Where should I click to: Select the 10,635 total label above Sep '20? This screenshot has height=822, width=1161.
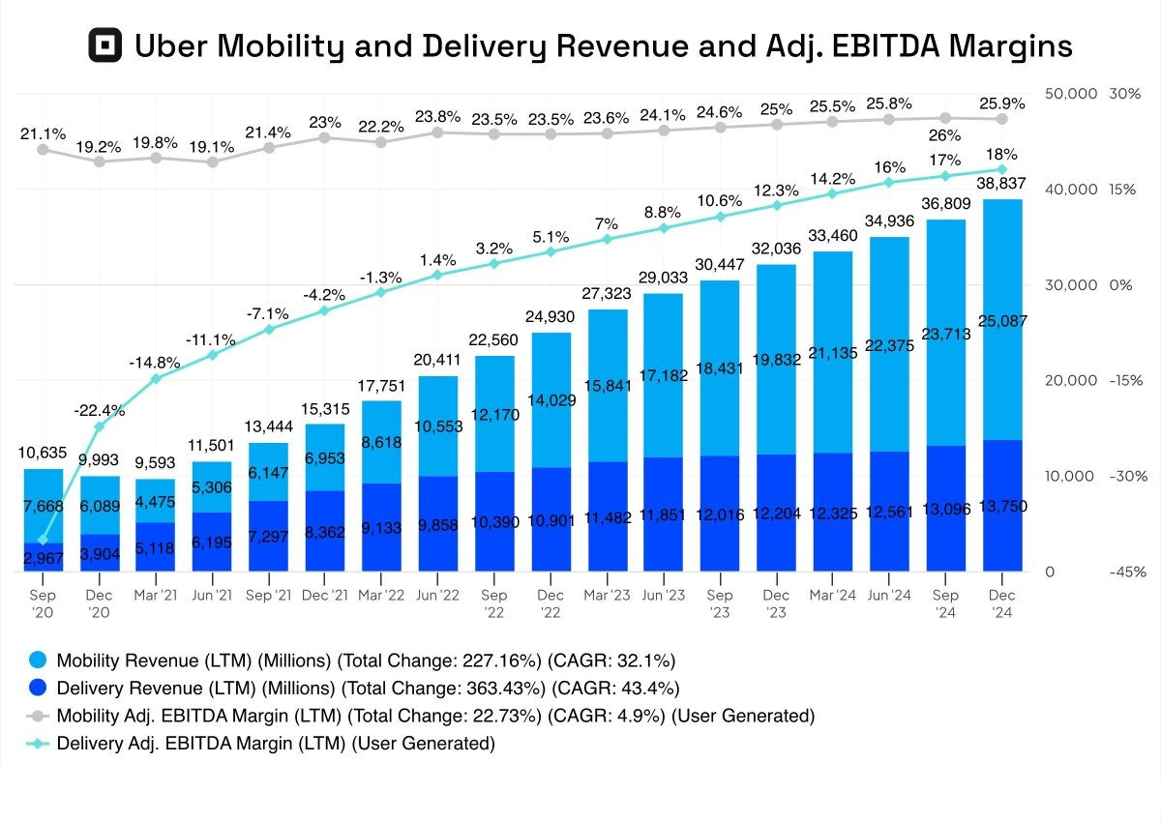point(43,453)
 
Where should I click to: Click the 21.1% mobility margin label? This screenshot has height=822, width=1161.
point(43,133)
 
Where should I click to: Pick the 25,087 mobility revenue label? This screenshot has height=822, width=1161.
point(1002,321)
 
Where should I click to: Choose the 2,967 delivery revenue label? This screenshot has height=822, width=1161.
point(43,559)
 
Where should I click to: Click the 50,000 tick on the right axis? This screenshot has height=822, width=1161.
point(1071,93)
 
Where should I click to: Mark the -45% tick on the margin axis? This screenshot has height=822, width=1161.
point(1127,572)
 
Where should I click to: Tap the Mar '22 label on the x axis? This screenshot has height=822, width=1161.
point(380,594)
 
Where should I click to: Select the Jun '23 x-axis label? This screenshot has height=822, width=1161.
point(663,594)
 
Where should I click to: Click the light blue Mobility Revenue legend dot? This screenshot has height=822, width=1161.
point(37,661)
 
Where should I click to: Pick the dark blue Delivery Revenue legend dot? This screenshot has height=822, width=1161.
point(37,689)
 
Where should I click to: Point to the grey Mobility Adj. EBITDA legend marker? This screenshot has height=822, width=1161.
point(37,717)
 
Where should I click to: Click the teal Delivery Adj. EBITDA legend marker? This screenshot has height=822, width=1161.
point(37,744)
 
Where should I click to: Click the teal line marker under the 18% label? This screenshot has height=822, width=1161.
point(1002,169)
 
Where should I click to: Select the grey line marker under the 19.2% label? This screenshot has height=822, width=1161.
point(99,161)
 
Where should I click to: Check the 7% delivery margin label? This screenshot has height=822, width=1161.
point(607,224)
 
